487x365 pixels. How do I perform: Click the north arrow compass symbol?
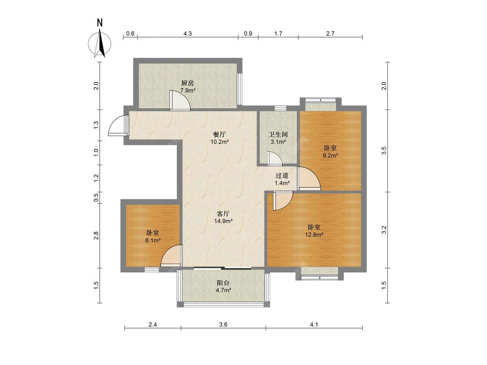click(99, 44)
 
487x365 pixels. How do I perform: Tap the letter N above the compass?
click(100, 23)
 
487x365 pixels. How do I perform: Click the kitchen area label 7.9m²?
click(188, 90)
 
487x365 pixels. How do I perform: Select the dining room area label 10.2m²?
click(220, 142)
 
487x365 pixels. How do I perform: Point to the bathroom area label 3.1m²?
click(278, 142)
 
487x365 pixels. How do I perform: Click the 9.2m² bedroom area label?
click(330, 155)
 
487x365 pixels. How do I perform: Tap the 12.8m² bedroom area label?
click(314, 234)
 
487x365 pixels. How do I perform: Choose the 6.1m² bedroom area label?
click(153, 240)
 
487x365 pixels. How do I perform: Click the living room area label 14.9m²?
click(223, 221)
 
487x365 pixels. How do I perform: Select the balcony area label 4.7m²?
click(224, 290)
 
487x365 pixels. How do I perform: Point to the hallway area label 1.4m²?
click(282, 183)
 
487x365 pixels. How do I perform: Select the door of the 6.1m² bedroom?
click(171, 255)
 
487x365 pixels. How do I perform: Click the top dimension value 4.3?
click(187, 34)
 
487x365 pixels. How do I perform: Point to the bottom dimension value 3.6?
click(223, 325)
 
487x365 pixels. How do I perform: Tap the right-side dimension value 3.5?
click(384, 151)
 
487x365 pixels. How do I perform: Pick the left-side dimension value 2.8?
click(96, 235)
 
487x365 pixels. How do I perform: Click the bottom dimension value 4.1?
click(314, 325)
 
